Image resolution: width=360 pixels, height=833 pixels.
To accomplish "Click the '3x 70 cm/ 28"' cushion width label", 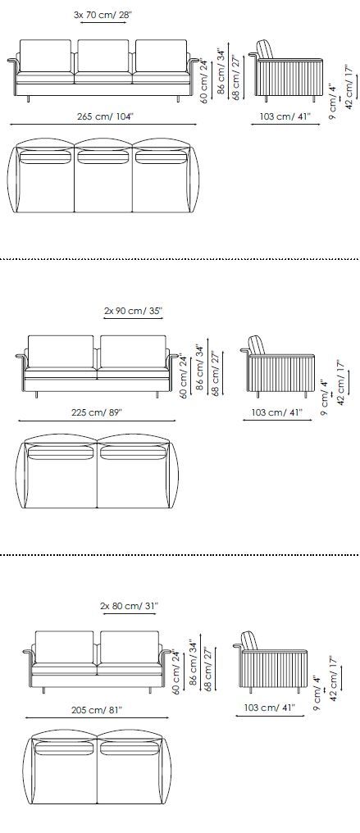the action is click(x=103, y=15).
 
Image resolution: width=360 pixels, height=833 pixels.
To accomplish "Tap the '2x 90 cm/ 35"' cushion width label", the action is click(x=133, y=311).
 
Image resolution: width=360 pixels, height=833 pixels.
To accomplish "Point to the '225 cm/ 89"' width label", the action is click(x=97, y=412).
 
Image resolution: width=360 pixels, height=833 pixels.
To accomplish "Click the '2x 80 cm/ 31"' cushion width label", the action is click(x=129, y=606).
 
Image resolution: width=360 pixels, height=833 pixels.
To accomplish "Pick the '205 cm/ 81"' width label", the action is click(x=97, y=709).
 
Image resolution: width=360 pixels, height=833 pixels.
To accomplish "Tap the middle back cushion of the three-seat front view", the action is click(x=103, y=56).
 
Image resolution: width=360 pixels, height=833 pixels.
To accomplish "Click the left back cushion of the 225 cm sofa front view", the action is click(x=61, y=351).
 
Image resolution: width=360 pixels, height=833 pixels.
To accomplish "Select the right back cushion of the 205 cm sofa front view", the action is click(x=129, y=647).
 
